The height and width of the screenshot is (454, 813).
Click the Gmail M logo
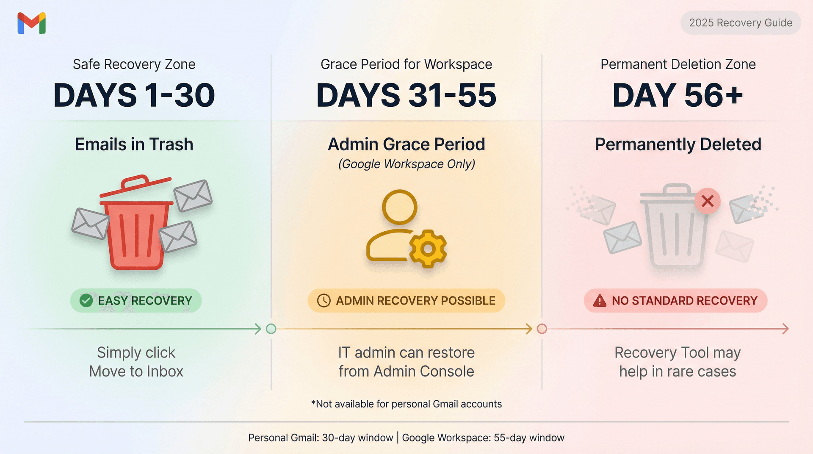pos(32,23)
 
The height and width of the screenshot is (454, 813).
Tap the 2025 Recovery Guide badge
pos(740,23)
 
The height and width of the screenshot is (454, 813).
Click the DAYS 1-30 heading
pos(134,95)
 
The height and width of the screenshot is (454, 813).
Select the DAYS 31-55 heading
pos(406,95)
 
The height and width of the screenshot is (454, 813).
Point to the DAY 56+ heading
pos(677,95)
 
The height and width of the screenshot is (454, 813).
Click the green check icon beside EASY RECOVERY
pos(86,301)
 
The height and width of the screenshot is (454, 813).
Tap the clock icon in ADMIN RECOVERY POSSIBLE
pos(324,301)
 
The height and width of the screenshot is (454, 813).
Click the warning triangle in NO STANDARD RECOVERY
pos(600,301)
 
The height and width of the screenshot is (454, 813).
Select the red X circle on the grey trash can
pos(707,201)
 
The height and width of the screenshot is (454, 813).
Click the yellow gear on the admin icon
pos(428,249)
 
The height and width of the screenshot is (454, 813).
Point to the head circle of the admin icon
pos(399,207)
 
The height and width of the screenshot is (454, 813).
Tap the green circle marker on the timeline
pos(271,329)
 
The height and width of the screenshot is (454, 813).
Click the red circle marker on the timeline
pos(542,329)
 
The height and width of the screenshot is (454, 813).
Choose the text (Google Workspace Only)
pos(406,164)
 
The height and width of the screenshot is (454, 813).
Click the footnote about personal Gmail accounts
pos(406,404)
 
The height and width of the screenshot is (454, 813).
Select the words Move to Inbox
pos(136,371)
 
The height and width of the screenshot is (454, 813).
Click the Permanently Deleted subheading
pos(678,144)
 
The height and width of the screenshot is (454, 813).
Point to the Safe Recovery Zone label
pos(134,64)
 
